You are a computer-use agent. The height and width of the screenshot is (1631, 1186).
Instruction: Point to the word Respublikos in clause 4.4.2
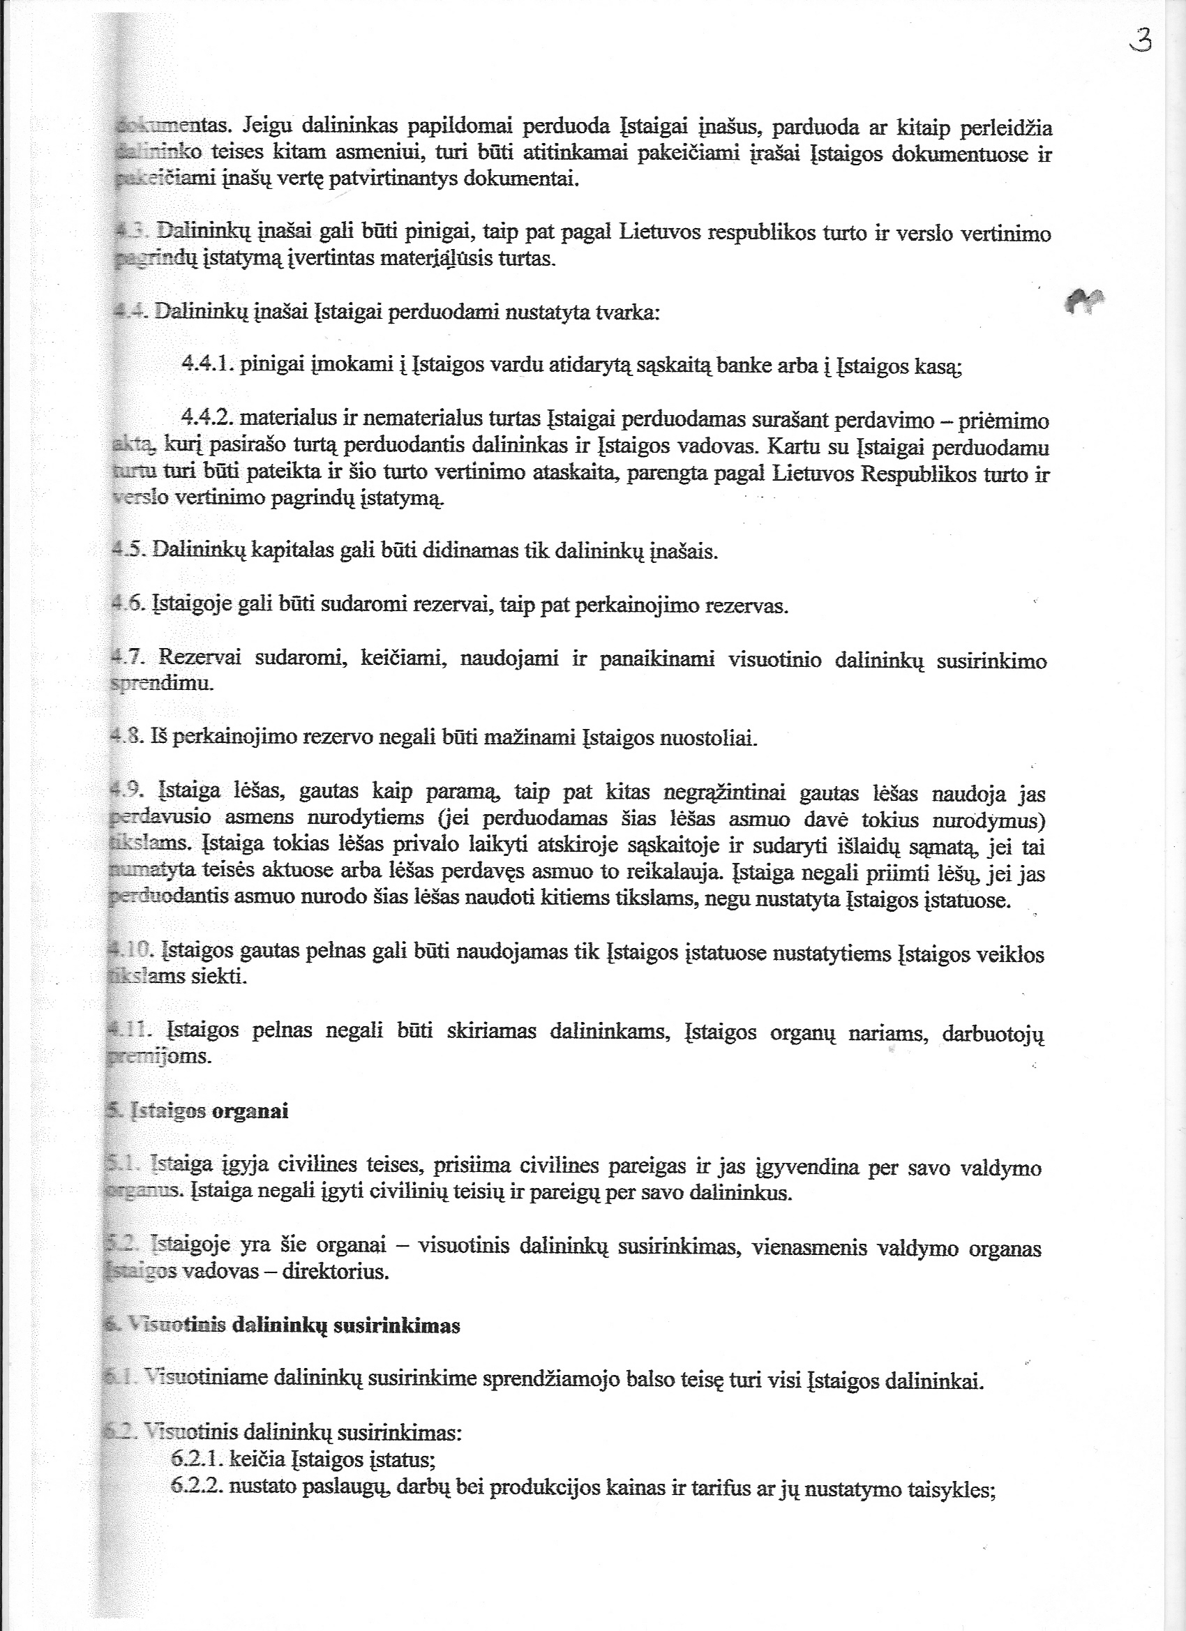click(912, 474)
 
